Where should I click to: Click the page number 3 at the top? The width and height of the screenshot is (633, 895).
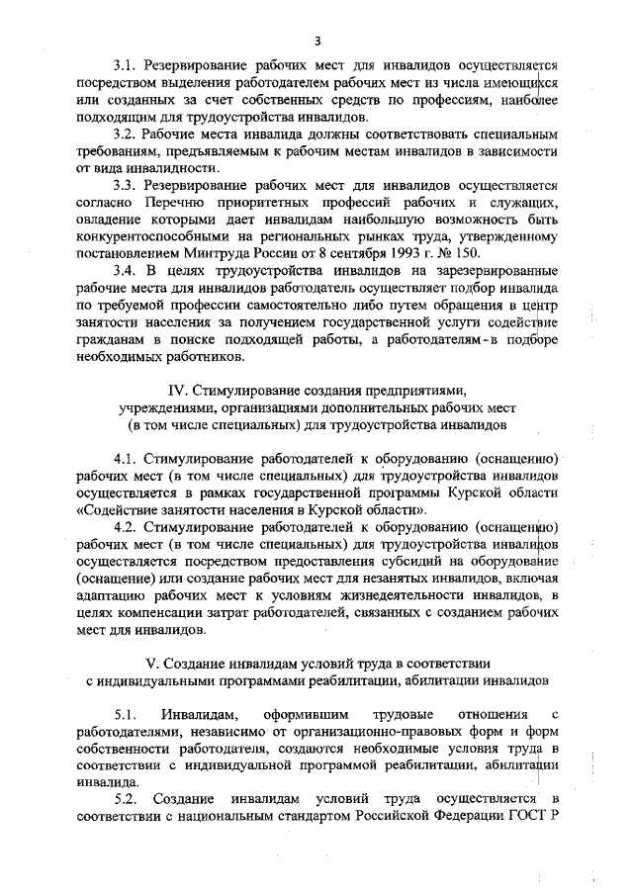click(316, 40)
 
